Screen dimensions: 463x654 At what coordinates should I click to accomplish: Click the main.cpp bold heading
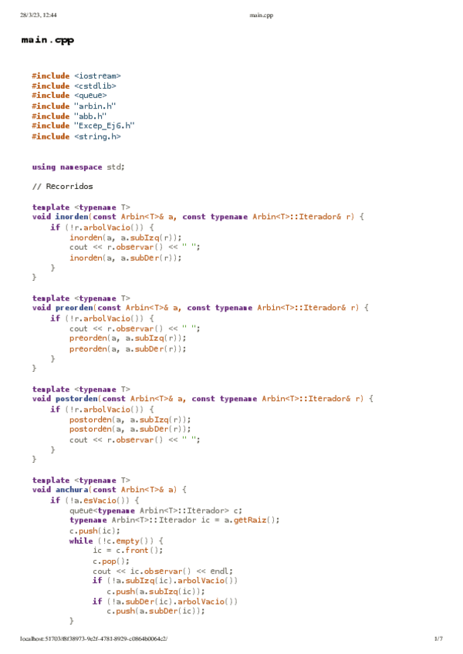click(x=48, y=40)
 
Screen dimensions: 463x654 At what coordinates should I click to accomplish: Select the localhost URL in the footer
click(x=94, y=639)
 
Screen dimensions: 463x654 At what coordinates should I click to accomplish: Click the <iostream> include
click(x=97, y=76)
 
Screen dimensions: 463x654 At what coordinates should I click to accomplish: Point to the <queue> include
click(x=90, y=96)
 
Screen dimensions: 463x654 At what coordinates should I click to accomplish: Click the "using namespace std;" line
click(x=78, y=167)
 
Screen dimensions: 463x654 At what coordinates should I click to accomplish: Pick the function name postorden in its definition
click(x=76, y=399)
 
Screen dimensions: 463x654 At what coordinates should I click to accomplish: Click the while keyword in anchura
click(x=80, y=541)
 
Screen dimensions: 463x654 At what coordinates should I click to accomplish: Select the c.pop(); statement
click(x=107, y=561)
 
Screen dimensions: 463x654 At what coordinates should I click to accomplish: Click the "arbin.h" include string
click(x=90, y=106)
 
